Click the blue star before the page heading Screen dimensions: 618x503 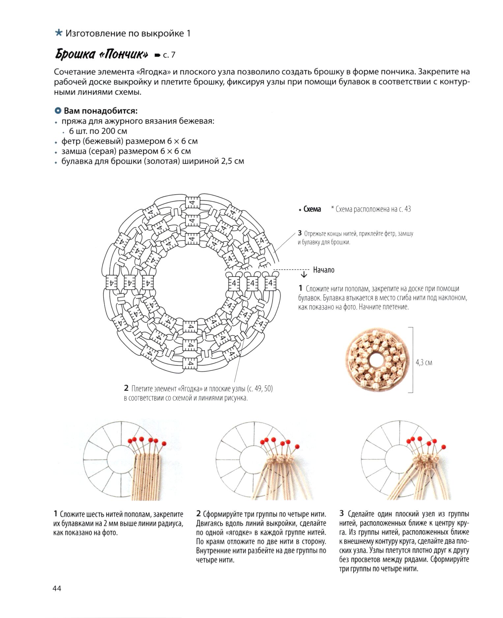coord(59,33)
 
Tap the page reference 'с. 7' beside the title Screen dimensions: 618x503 coord(169,55)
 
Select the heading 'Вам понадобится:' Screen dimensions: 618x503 coord(101,111)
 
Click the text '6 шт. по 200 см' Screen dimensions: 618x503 coord(98,131)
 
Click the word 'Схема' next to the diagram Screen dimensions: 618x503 coord(312,209)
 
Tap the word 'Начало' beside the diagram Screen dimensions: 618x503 coord(324,270)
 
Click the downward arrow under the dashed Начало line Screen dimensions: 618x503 coord(304,274)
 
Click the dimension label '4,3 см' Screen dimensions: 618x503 coord(424,363)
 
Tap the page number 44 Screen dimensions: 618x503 coord(57,588)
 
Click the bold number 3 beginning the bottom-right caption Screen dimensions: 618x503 coord(342,514)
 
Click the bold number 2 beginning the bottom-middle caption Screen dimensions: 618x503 coord(198,514)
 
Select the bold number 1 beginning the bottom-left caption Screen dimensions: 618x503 coord(56,514)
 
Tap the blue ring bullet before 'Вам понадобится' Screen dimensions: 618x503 coord(58,111)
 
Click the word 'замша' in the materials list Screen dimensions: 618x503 coord(72,151)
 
